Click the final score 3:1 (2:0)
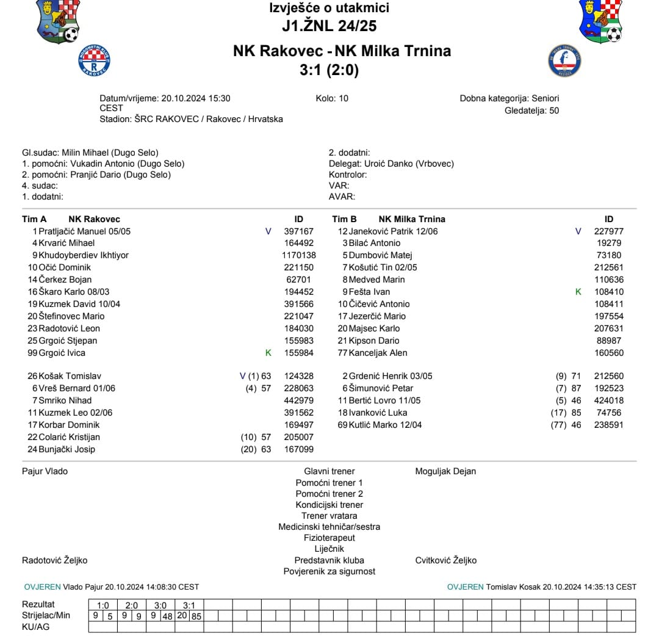point(329,70)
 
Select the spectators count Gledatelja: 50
point(531,110)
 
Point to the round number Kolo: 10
point(332,98)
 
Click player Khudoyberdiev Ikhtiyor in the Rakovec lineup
point(84,255)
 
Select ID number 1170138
point(299,255)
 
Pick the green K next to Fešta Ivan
point(578,292)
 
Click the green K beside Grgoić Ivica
point(268,353)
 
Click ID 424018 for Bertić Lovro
point(608,400)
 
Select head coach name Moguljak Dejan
point(445,471)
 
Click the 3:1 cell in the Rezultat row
point(189,605)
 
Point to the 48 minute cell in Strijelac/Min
point(167,616)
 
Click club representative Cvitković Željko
point(445,560)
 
